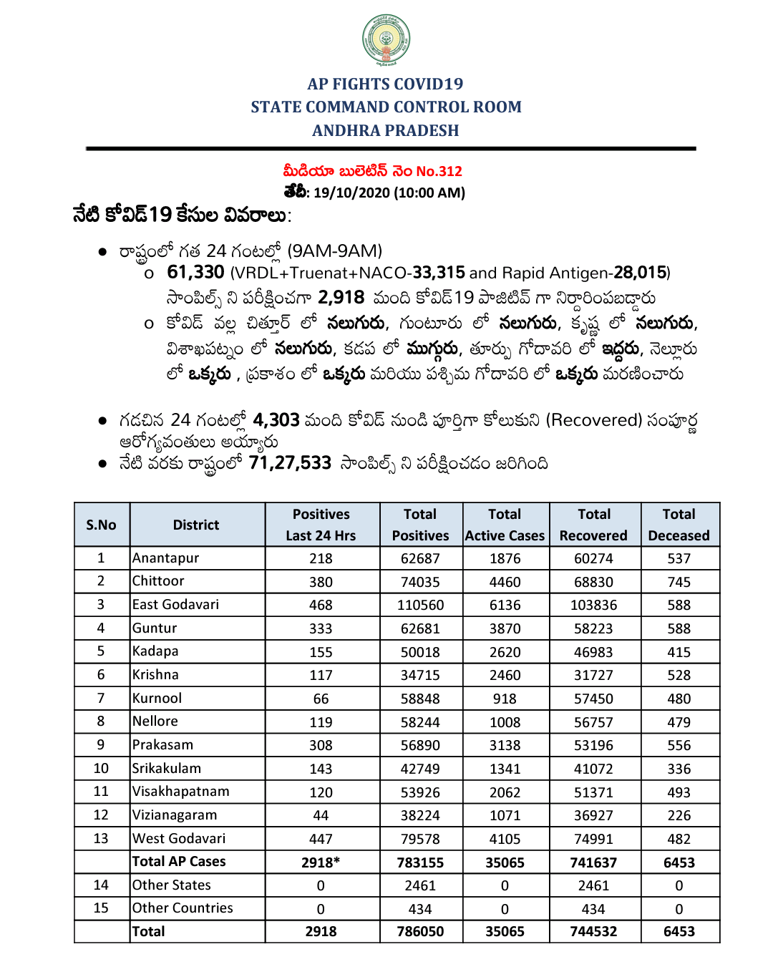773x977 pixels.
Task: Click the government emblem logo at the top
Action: [386, 40]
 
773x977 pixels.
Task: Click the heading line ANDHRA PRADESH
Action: [386, 131]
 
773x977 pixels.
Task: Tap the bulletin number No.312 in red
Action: [439, 171]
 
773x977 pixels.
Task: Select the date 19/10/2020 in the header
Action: [351, 193]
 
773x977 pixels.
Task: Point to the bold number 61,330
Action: [195, 273]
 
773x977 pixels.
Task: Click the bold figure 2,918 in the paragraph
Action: [341, 298]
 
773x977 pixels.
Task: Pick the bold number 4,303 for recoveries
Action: [276, 420]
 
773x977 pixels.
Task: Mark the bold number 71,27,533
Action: [290, 464]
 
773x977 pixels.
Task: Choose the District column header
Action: [196, 525]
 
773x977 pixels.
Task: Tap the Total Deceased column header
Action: [679, 525]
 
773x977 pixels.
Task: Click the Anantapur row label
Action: [166, 558]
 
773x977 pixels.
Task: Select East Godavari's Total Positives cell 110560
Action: [420, 606]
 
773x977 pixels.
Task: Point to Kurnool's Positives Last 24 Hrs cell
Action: [321, 699]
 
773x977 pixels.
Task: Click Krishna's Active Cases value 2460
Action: [505, 675]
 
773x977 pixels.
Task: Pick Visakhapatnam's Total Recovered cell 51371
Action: [593, 792]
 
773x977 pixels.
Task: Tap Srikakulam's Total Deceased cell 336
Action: [679, 769]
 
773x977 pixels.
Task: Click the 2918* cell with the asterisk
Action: [321, 862]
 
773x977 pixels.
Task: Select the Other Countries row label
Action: [183, 908]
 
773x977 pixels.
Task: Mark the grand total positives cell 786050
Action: [420, 932]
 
